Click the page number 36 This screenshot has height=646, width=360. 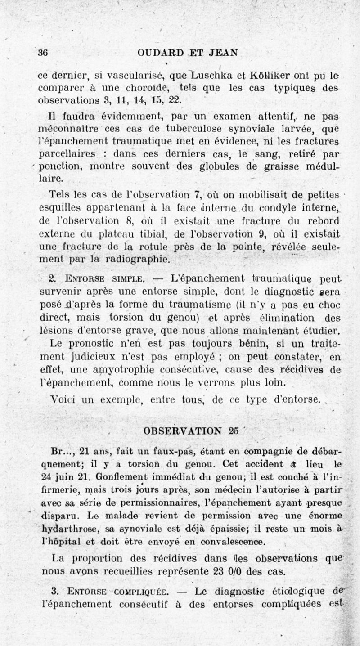(43, 52)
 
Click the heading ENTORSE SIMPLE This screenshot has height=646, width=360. (99, 278)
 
